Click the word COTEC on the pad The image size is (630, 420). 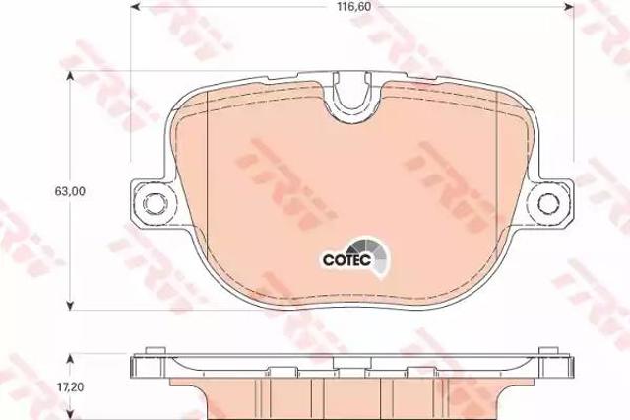pyautogui.click(x=346, y=260)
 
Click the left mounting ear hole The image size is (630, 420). pyautogui.click(x=155, y=203)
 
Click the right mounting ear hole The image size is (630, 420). pyautogui.click(x=549, y=203)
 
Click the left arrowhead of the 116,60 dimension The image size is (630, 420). pyautogui.click(x=137, y=7)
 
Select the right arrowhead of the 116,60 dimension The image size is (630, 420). pyautogui.click(x=569, y=7)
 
